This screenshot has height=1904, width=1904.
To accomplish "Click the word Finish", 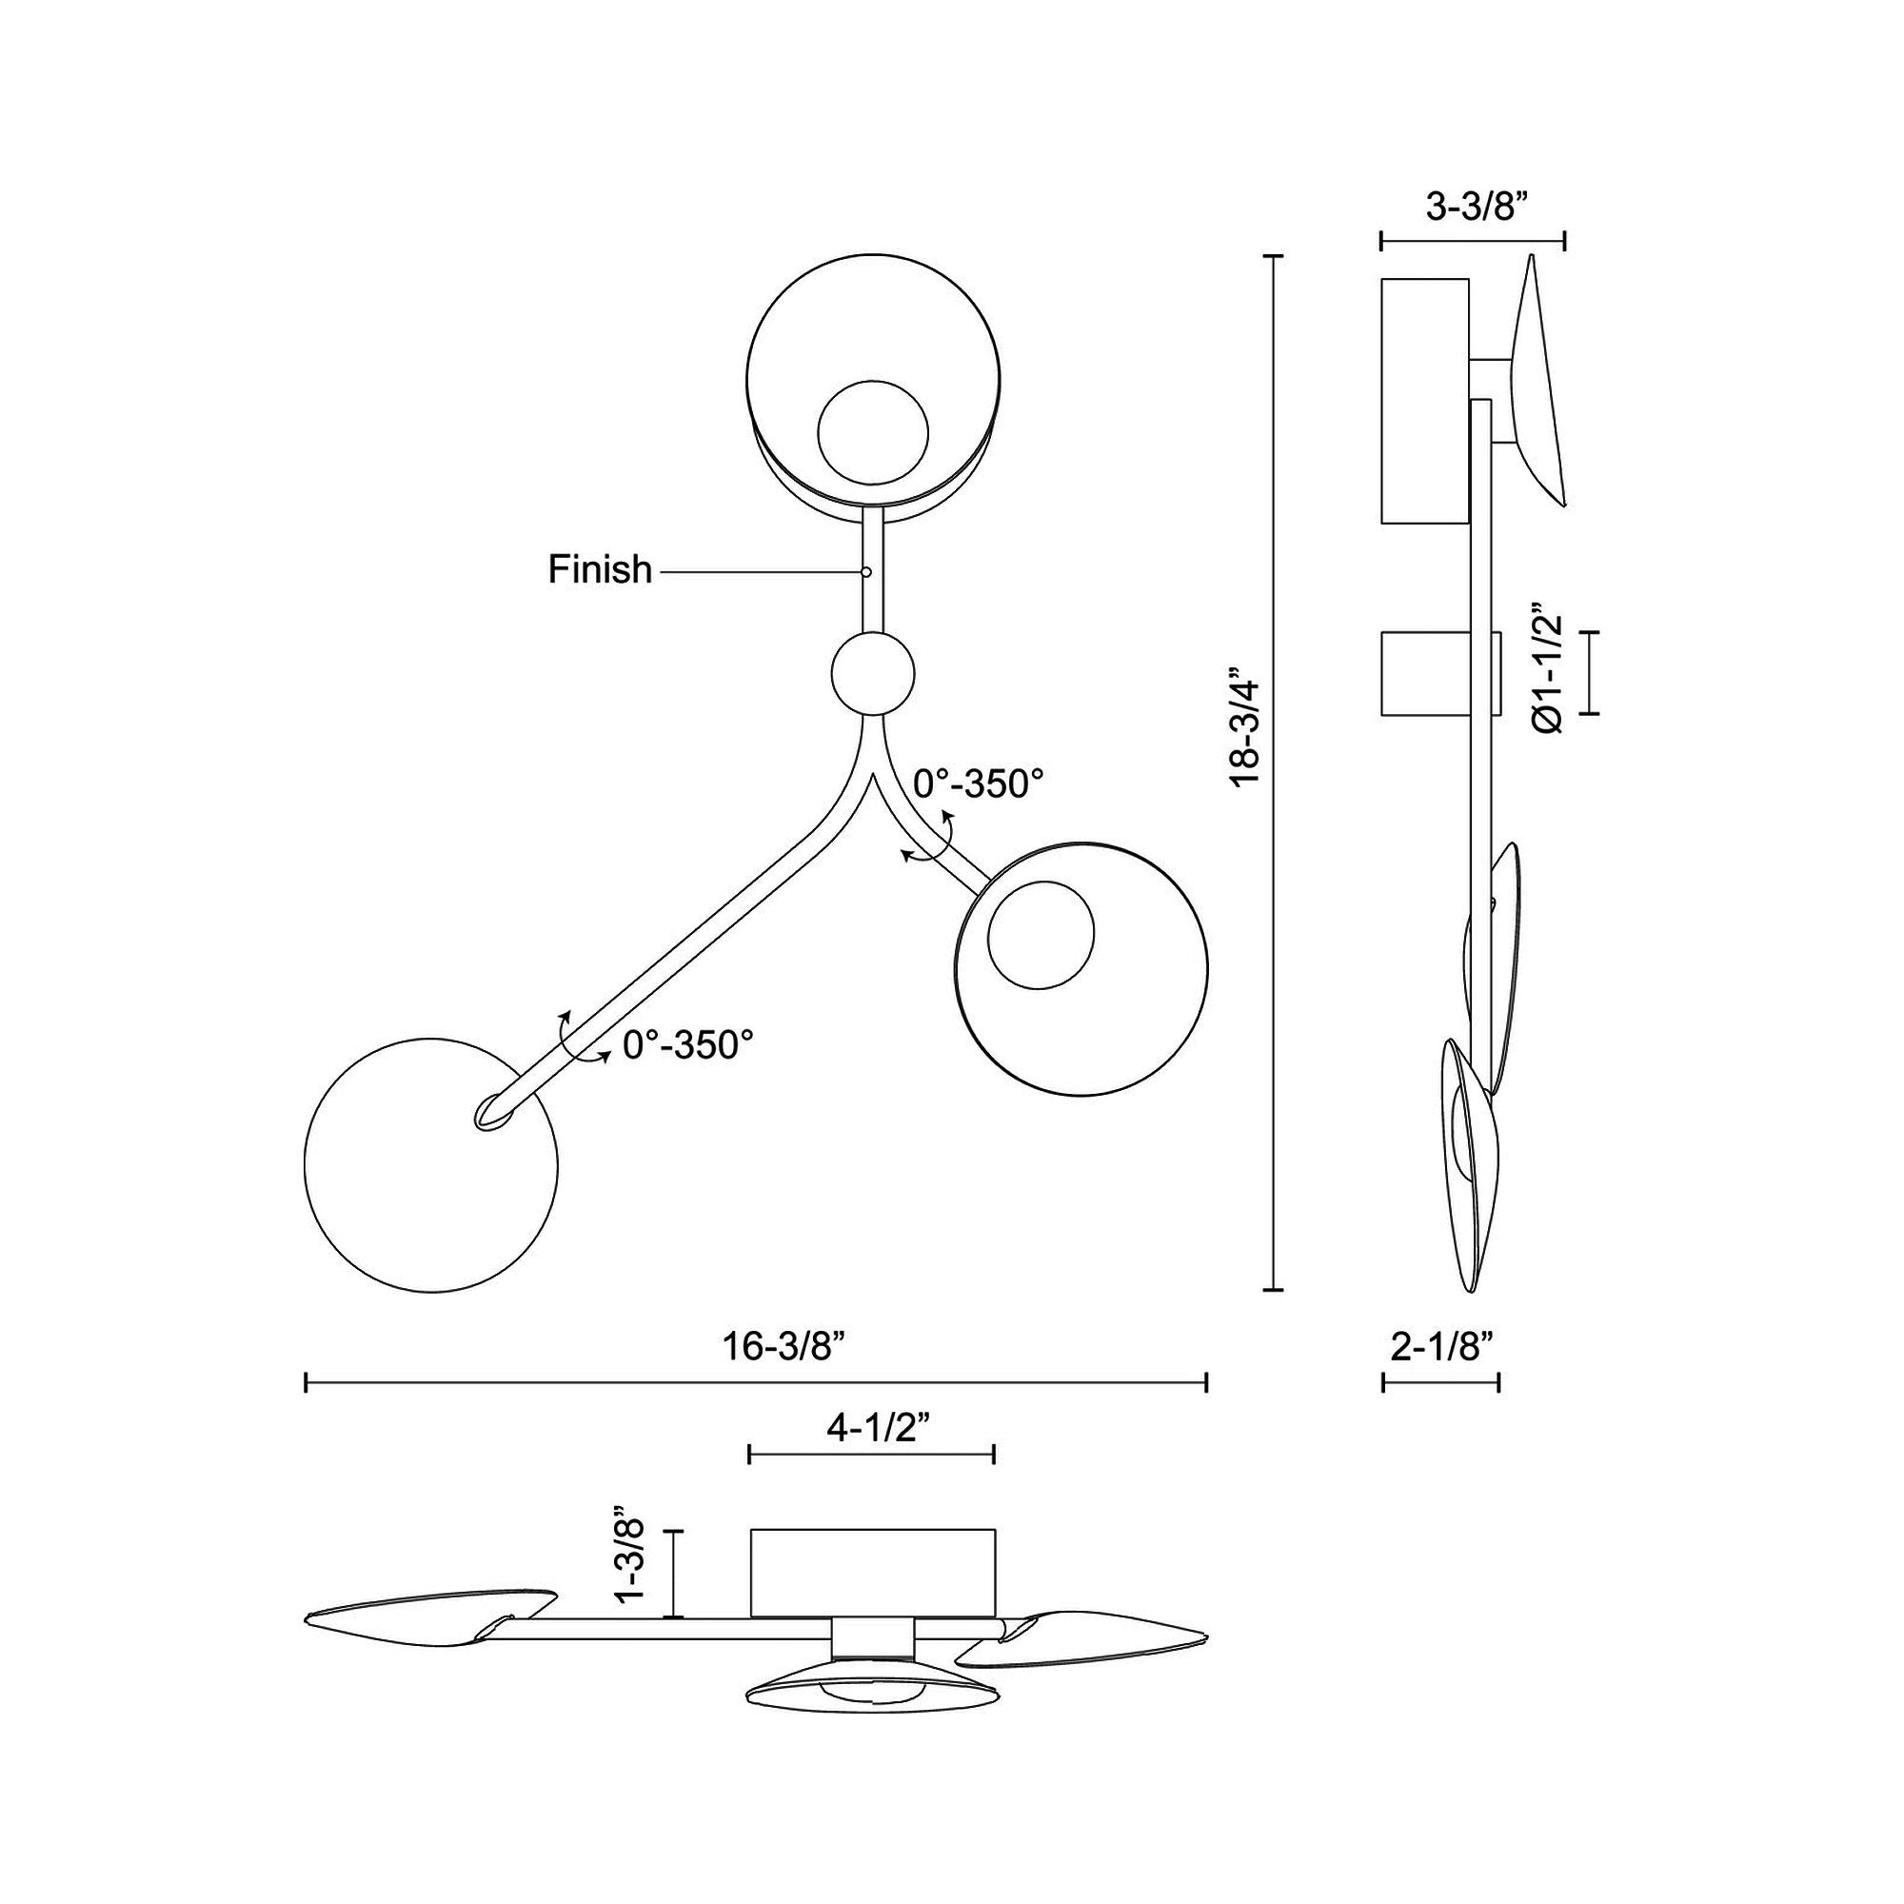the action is [600, 569].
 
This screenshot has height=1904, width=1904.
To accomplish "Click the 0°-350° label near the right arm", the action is [979, 783].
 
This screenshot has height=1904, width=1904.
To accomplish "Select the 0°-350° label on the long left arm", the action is [689, 1044].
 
